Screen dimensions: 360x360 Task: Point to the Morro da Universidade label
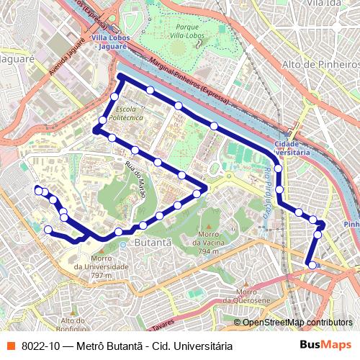92,267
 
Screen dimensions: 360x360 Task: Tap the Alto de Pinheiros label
321,66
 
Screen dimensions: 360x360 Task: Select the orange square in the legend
11,346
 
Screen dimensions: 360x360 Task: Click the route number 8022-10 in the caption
40,346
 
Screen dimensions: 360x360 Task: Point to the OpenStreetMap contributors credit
297,323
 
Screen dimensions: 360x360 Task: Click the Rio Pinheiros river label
268,190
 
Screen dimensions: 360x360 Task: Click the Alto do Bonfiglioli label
79,323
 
